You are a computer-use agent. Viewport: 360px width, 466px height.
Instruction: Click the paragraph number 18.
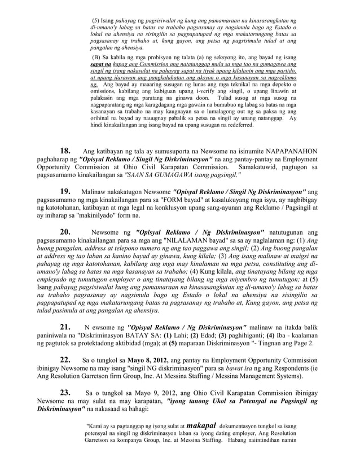click(x=65, y=151)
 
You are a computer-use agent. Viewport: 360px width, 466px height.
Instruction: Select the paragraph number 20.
click(x=65, y=231)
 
